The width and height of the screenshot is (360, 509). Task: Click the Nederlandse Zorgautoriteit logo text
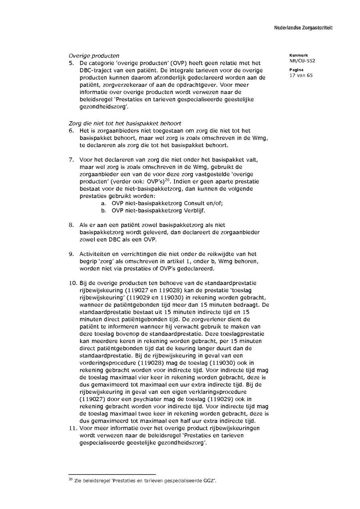click(x=303, y=28)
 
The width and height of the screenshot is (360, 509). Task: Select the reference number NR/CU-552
click(x=302, y=61)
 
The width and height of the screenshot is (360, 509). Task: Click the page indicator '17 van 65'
click(x=301, y=75)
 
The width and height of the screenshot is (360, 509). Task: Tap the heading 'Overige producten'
click(x=94, y=56)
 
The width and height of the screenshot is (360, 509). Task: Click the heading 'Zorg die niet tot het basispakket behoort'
click(x=125, y=124)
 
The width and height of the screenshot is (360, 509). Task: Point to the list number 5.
click(x=71, y=63)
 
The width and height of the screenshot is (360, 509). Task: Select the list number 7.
click(x=71, y=160)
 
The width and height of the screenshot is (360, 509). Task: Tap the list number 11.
click(x=72, y=428)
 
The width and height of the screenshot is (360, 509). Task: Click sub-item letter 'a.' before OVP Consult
click(x=103, y=204)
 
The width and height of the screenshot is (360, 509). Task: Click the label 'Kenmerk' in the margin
click(x=296, y=55)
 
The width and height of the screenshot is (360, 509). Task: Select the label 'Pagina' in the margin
click(x=294, y=70)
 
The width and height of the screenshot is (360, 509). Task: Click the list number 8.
click(x=71, y=225)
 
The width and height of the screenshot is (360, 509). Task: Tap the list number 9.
click(x=71, y=254)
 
